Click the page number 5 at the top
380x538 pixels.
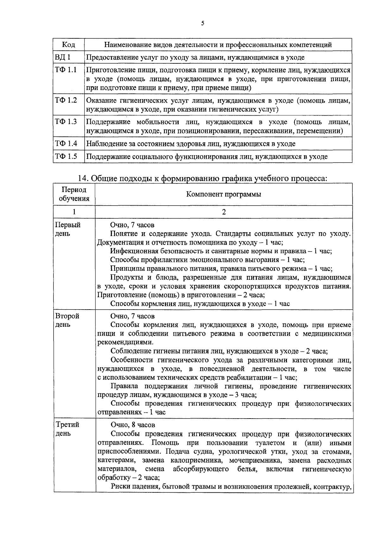pos(202,23)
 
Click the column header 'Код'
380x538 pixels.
pos(68,45)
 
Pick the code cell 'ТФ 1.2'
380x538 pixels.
pos(66,100)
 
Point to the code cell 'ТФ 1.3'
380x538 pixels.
pos(66,122)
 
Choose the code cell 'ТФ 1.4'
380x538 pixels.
pos(66,144)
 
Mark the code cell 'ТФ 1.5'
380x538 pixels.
pos(66,156)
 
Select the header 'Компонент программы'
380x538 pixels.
pos(224,194)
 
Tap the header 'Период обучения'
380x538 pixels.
pos(74,194)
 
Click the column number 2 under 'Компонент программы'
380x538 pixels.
pos(224,212)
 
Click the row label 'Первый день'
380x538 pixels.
pos(67,229)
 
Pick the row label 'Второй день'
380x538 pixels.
pos(67,320)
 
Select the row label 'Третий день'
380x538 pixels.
pos(67,429)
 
